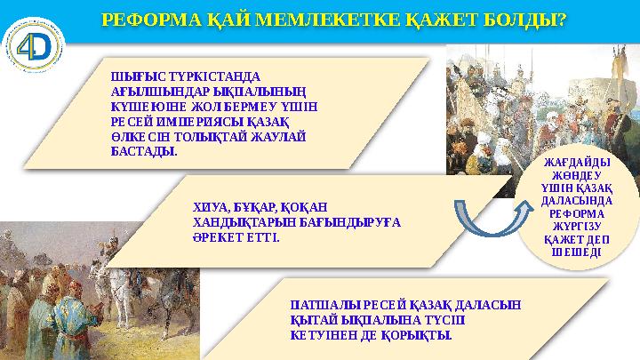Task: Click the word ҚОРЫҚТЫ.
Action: point(420,335)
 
